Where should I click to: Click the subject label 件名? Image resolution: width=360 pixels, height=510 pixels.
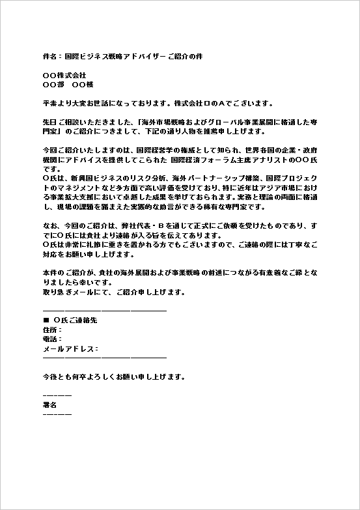click(x=49, y=57)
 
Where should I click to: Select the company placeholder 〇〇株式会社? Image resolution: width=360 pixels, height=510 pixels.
click(x=64, y=76)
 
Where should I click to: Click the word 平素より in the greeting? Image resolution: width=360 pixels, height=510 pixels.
click(x=56, y=104)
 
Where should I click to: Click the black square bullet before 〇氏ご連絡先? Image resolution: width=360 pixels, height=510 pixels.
click(x=46, y=321)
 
